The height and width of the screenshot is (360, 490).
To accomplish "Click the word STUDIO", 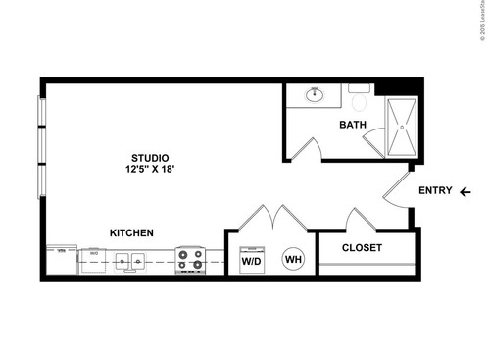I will point(150,158).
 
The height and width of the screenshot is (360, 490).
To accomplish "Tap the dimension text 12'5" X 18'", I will point(150,170).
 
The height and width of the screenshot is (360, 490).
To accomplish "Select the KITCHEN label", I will point(130,233).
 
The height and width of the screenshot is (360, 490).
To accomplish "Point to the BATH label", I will point(353,125).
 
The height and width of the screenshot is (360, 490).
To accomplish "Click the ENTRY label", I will point(434,191).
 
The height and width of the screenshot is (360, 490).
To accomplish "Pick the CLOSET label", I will point(362,248).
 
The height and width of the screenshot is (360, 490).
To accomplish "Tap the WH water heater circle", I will point(293,260).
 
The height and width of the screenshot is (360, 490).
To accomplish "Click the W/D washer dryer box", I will point(251,261).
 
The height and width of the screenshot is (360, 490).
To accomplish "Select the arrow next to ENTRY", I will point(465,191).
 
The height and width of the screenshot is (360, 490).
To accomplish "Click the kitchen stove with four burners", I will point(190,260).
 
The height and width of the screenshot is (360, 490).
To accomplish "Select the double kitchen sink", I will point(130,261).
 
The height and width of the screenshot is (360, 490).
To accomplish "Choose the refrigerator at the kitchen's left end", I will point(61,261).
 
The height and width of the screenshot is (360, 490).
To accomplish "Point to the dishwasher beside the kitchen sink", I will point(96,261).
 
